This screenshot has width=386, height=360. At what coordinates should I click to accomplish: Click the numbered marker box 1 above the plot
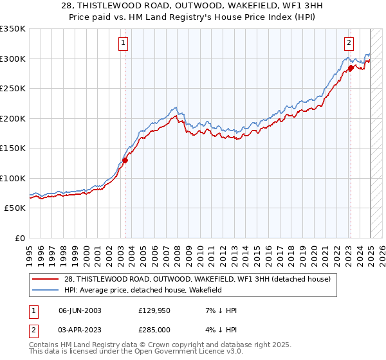tap(122, 43)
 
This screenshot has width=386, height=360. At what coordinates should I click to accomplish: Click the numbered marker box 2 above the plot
tap(348, 43)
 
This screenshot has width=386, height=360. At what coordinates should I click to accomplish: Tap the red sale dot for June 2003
tap(125, 161)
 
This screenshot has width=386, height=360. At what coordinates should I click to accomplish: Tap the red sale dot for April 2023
tap(351, 67)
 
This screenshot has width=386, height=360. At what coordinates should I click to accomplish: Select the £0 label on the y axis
tap(20, 238)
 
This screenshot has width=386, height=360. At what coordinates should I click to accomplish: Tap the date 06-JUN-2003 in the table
tap(80, 310)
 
